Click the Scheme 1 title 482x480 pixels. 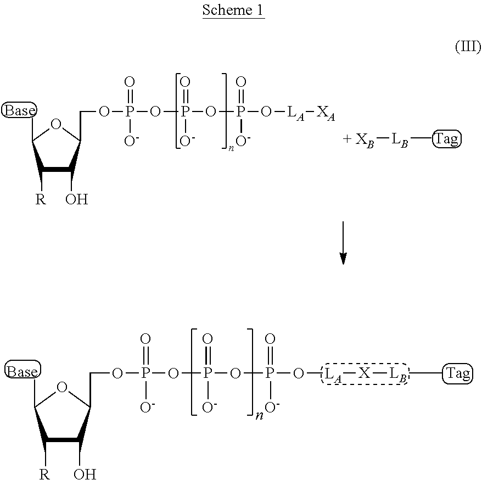pos(233,10)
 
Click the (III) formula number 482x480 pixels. pos(468,47)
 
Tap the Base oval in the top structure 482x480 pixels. pos(19,110)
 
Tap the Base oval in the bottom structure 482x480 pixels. pos(23,371)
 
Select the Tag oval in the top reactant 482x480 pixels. pos(447,139)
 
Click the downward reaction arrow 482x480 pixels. pos(343,243)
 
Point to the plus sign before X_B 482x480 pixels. pos(347,139)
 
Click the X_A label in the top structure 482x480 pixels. pos(326,113)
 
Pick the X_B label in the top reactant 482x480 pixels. pos(365,141)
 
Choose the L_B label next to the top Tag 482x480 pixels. pos(400,141)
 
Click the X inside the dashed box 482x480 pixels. pos(365,373)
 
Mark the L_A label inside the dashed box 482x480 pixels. pos(333,375)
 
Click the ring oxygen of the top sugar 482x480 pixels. pos(56,124)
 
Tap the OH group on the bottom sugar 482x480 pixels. pos(85,474)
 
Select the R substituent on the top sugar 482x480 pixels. pos(41,199)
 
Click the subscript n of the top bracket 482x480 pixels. pos(231,148)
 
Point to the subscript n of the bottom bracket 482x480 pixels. pos(260,416)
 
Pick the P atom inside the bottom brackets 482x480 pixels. pos(208,373)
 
